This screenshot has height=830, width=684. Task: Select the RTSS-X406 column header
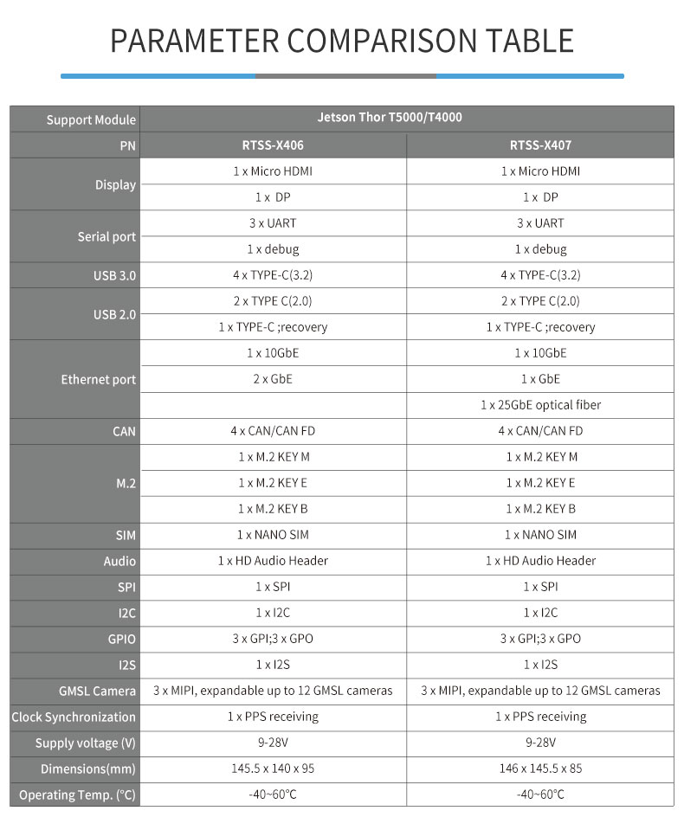[x=273, y=145]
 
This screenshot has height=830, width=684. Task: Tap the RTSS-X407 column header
[x=540, y=145]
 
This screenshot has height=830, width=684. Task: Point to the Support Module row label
[x=91, y=120]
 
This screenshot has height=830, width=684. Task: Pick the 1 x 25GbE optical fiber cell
[x=540, y=405]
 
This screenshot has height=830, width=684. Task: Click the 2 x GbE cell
[x=273, y=379]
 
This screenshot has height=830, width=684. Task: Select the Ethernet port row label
[x=98, y=380]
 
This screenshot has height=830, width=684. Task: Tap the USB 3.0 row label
[x=114, y=276]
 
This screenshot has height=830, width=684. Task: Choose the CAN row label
[x=124, y=431]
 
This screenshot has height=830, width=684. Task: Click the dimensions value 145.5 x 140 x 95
[x=273, y=769]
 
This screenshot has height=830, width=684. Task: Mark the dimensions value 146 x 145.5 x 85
[x=540, y=769]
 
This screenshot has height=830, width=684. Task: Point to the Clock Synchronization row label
[x=74, y=717]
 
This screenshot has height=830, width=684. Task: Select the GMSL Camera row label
[x=97, y=692]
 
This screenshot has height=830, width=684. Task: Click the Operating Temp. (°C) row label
[x=77, y=795]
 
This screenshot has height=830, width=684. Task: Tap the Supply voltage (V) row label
[x=85, y=743]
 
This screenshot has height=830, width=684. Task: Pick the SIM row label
[x=126, y=536]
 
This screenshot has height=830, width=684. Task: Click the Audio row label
[x=119, y=562]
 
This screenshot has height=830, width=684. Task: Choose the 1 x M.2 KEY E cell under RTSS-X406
[x=273, y=483]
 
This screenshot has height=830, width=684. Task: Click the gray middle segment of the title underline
[x=345, y=76]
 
